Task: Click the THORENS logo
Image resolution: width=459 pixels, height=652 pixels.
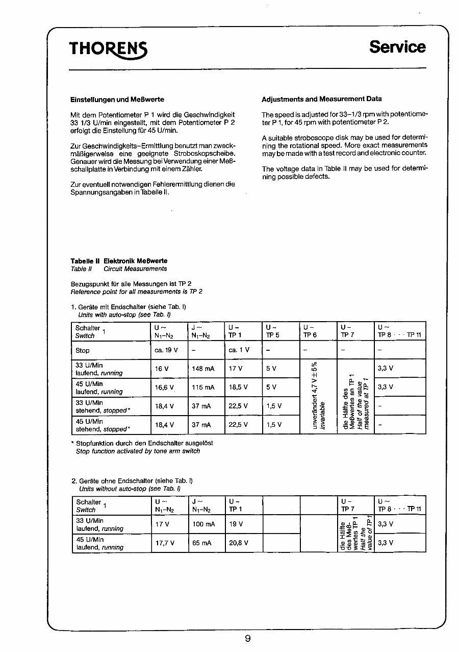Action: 108,48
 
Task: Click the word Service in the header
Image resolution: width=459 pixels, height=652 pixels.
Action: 397,47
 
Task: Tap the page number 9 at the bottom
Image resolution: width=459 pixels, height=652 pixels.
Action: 247,638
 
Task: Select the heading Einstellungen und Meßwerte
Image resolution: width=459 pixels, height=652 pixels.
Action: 117,99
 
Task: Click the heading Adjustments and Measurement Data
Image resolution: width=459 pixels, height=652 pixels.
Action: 321,99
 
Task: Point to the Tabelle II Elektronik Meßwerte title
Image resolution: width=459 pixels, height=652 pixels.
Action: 119,261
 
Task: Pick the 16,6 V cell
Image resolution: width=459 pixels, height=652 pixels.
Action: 165,388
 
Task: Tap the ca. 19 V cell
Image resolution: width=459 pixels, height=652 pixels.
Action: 166,350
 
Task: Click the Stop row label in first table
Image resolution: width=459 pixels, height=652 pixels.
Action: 83,351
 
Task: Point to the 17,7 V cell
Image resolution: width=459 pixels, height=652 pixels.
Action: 165,543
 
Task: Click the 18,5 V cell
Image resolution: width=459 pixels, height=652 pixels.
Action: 238,388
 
